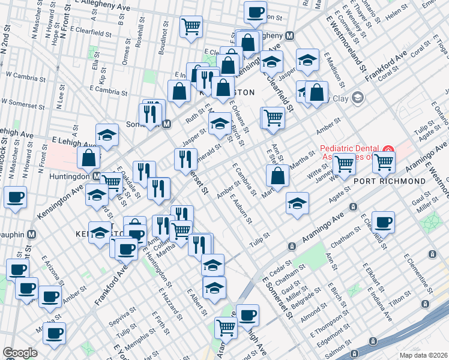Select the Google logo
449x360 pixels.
20,353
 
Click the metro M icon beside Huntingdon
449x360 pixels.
96,176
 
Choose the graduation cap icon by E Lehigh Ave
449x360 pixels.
107,134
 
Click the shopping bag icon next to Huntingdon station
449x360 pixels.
89,158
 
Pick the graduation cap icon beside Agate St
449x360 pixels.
297,203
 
